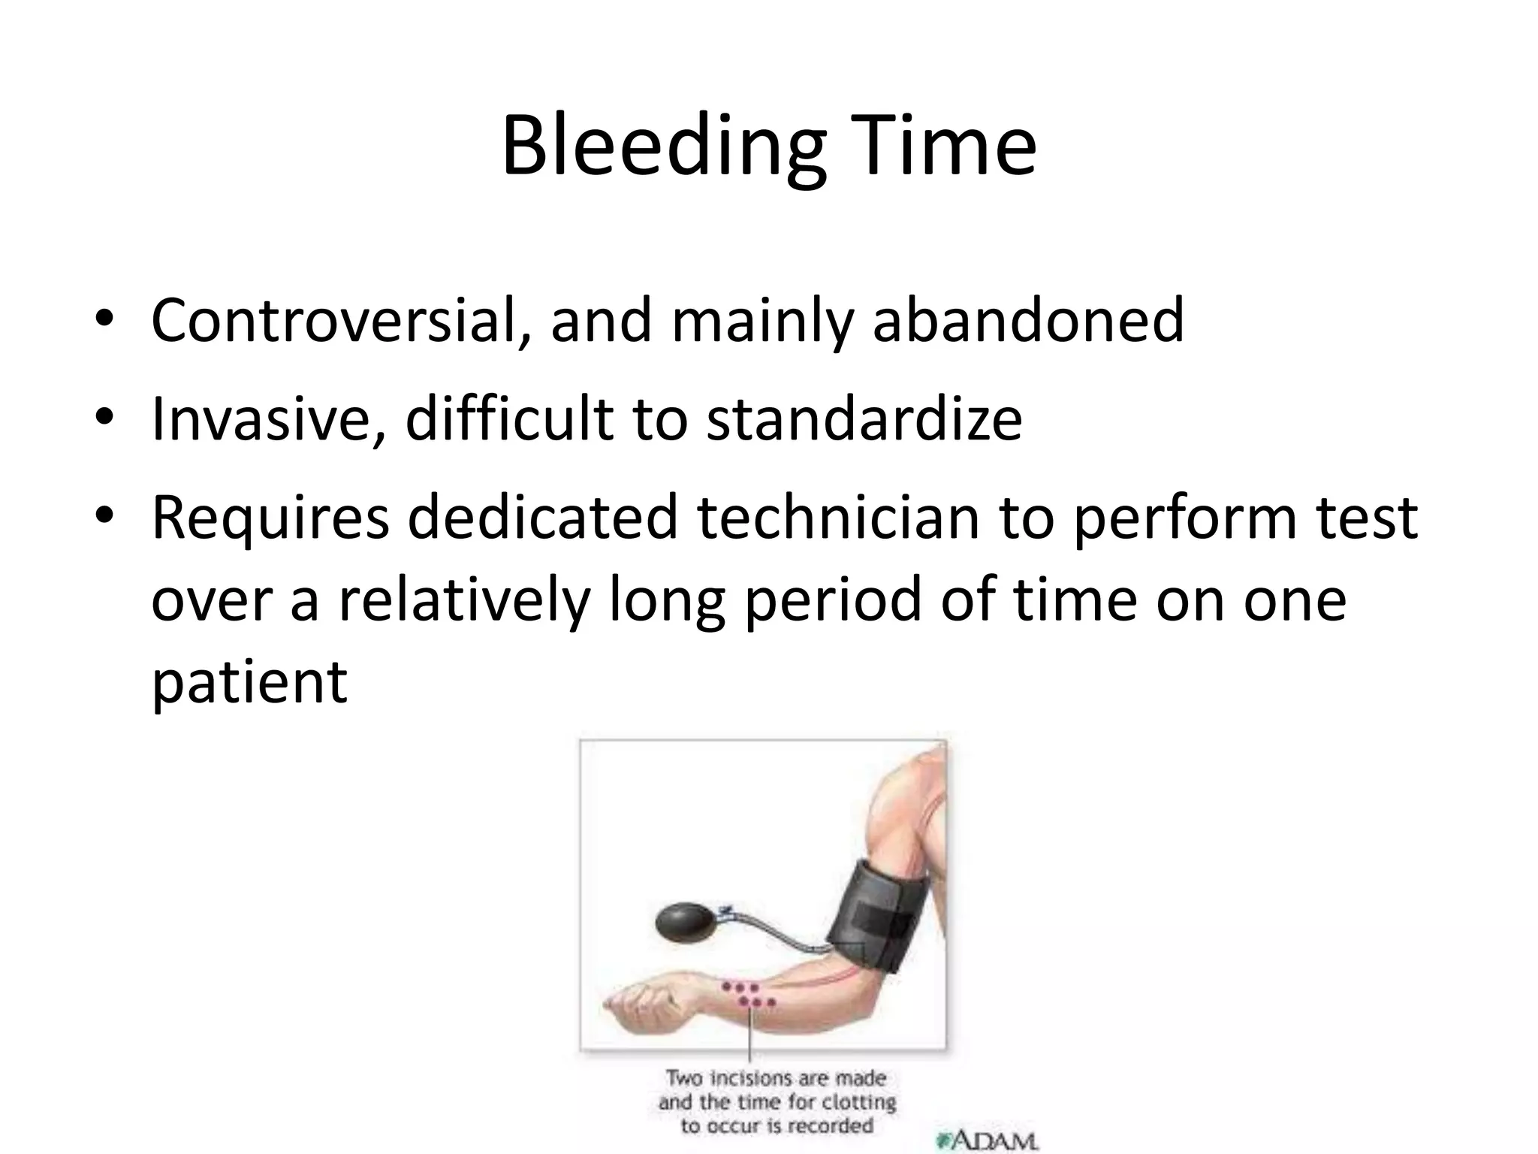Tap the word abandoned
pos(1028,321)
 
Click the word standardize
pos(864,418)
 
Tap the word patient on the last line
pos(249,681)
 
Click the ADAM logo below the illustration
pos(987,1140)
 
